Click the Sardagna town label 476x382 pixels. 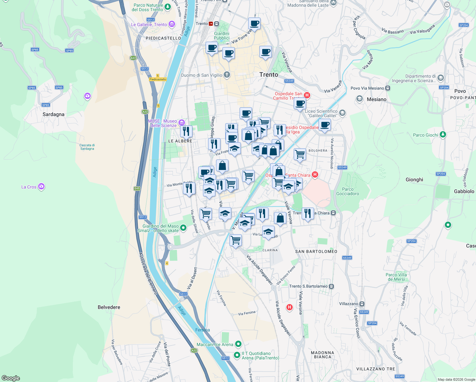point(53,114)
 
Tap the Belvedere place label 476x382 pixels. point(109,307)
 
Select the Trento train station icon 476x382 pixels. point(211,24)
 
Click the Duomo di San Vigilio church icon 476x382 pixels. point(227,75)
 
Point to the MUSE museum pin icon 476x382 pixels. point(181,123)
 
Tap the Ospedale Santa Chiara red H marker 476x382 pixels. point(315,174)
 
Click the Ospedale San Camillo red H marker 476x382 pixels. point(307,95)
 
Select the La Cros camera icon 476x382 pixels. point(41,187)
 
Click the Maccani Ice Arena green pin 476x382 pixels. point(238,344)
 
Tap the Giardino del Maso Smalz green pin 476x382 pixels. point(183,228)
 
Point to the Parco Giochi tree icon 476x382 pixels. point(443,135)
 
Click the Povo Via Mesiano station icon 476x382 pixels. point(388,88)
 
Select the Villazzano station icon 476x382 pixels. point(362,304)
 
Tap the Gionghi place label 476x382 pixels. point(414,180)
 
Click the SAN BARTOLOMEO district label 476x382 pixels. point(316,251)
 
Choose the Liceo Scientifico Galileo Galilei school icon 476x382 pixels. point(342,113)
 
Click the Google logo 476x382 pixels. point(11,378)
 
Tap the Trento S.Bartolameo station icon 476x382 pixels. point(332,286)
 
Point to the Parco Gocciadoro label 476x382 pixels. point(347,191)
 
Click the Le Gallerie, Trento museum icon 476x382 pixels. point(172,24)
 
